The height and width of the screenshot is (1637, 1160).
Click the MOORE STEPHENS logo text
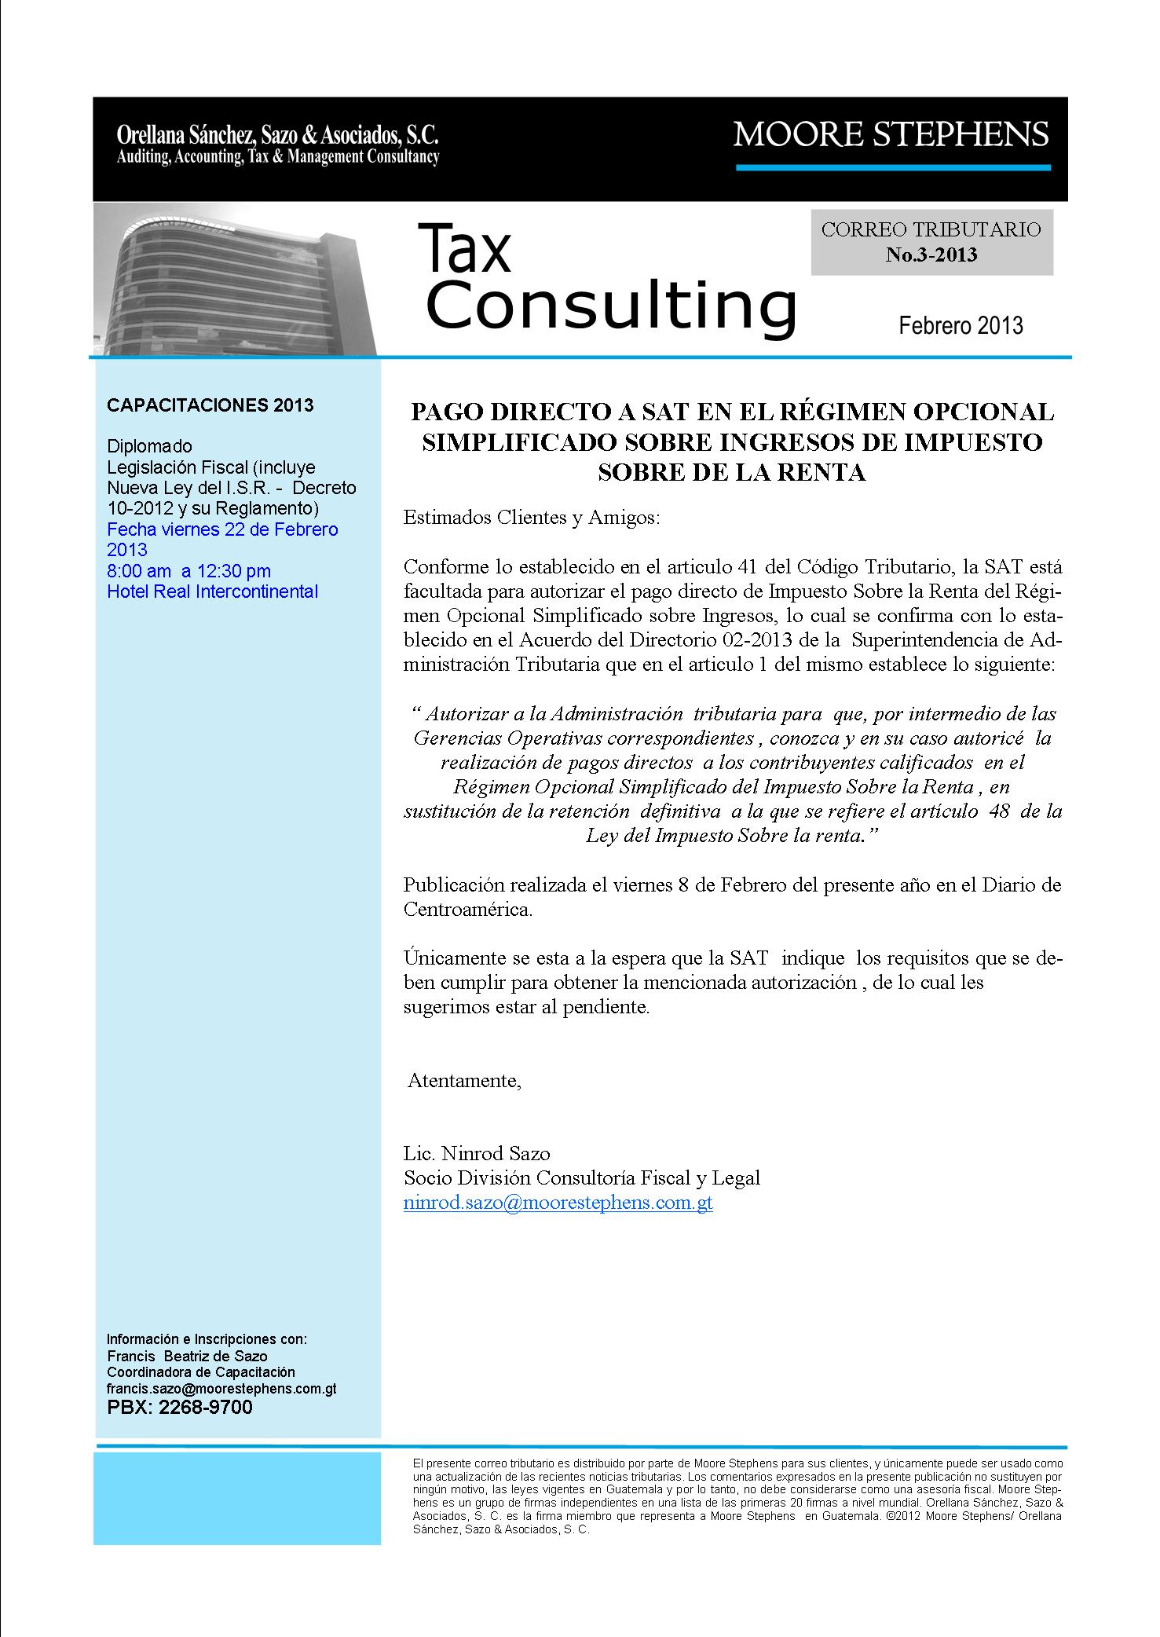(891, 134)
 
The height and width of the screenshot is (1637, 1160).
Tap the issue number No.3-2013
(931, 255)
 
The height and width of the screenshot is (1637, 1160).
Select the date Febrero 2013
(961, 325)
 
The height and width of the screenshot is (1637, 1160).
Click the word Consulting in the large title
(610, 307)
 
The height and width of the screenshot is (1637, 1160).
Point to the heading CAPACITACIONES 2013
(210, 405)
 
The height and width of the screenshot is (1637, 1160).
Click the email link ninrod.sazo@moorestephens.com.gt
(558, 1203)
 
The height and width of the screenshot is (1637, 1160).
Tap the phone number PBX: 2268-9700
(180, 1407)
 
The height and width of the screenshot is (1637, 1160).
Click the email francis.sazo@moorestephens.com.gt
(221, 1389)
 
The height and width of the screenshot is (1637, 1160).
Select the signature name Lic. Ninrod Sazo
(476, 1153)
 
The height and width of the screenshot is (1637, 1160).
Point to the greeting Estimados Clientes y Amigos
(532, 518)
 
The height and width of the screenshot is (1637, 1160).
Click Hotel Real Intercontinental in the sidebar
(212, 591)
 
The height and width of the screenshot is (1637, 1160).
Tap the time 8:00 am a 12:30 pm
(188, 571)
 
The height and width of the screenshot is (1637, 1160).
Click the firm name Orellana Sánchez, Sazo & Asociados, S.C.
(277, 134)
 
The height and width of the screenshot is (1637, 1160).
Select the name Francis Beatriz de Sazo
(187, 1356)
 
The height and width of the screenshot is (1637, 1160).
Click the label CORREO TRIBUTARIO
(931, 229)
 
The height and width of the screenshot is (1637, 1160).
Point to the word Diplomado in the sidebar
(149, 447)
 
